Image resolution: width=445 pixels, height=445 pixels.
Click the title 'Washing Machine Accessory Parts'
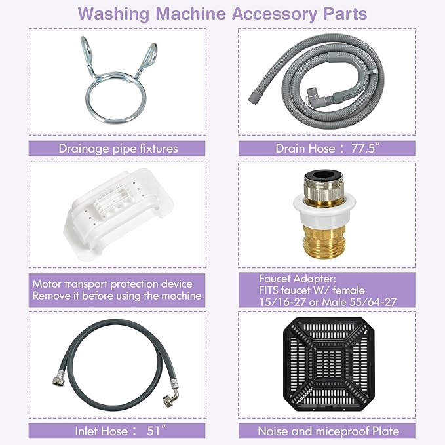[x=222, y=13]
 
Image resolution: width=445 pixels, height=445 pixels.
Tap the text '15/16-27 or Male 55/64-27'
[x=326, y=301]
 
